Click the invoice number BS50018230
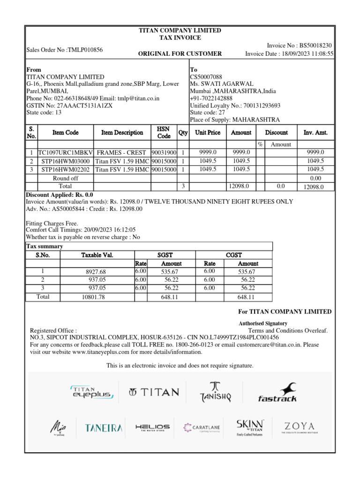pyautogui.click(x=316, y=45)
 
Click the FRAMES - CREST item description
pyautogui.click(x=121, y=153)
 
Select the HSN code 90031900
pyautogui.click(x=164, y=153)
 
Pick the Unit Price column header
pyautogui.click(x=208, y=133)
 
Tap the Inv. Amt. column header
pyautogui.click(x=315, y=133)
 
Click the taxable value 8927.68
pyautogui.click(x=96, y=272)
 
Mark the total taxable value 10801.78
pyautogui.click(x=93, y=297)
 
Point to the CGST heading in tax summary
pyautogui.click(x=234, y=255)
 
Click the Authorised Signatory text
pyautogui.click(x=263, y=323)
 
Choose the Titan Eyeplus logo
pyautogui.click(x=91, y=392)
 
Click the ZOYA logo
pyautogui.click(x=298, y=427)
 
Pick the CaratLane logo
pyautogui.click(x=202, y=427)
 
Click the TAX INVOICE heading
pyautogui.click(x=180, y=37)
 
